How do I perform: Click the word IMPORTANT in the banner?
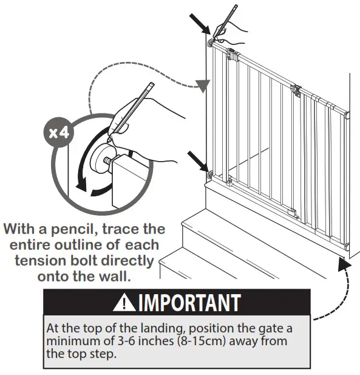189,302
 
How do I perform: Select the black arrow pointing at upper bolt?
201,25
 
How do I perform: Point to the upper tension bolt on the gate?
211,43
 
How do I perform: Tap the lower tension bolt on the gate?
210,175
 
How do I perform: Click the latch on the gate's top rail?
296,91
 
